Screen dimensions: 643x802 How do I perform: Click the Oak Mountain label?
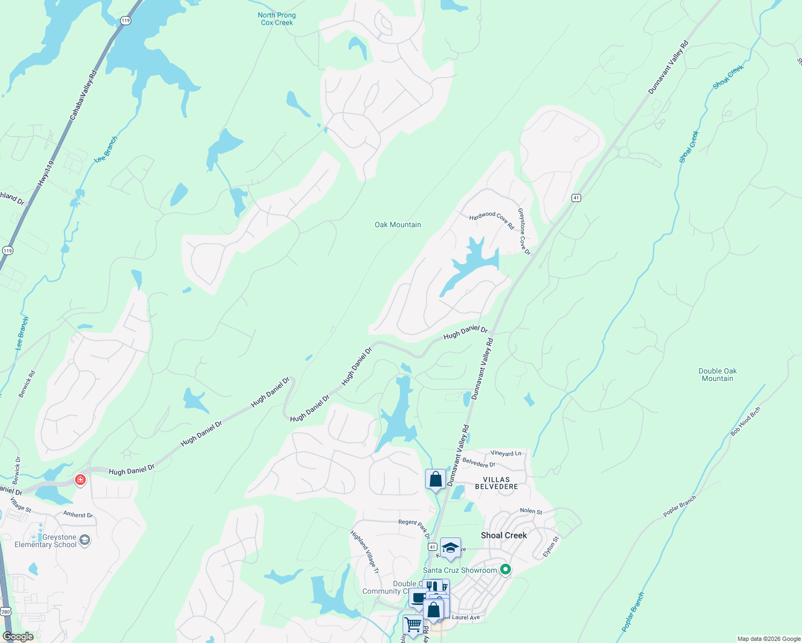(398, 225)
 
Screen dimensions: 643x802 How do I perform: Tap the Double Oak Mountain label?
(717, 375)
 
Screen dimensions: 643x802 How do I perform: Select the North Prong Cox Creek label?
(277, 19)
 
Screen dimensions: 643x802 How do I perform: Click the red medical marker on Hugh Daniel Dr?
(80, 480)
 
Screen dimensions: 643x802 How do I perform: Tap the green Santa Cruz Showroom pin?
(505, 570)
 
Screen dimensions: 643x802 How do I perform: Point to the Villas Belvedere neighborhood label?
(496, 483)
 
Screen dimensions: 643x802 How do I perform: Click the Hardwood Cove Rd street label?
(492, 219)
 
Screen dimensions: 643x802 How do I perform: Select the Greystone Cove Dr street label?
(524, 231)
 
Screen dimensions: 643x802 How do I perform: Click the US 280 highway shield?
(5, 611)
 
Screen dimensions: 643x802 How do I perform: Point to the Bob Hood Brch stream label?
(745, 422)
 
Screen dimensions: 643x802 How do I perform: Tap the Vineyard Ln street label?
(506, 453)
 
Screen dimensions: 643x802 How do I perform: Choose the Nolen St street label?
(531, 511)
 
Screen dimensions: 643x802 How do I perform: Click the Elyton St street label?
(551, 547)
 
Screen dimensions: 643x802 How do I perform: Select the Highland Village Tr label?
(365, 552)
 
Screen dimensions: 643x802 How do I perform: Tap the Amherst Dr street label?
(78, 514)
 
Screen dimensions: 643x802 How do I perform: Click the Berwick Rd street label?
(27, 384)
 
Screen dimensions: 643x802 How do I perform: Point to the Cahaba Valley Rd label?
(83, 95)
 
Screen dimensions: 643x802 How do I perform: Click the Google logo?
(18, 637)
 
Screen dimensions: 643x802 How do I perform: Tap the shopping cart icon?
(412, 624)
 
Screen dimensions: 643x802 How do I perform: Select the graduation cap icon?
(450, 548)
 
